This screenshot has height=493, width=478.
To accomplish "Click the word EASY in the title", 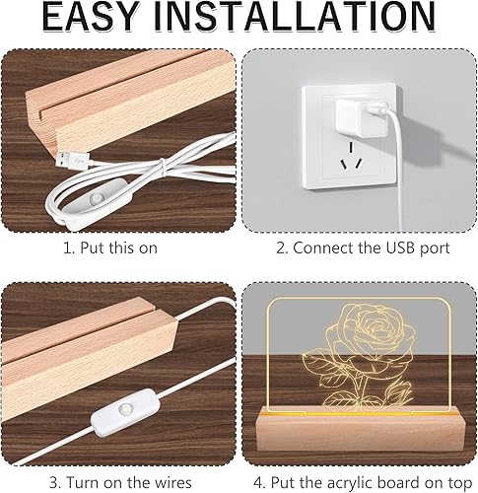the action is (x=90, y=16).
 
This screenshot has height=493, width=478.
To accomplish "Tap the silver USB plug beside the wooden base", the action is (x=72, y=160).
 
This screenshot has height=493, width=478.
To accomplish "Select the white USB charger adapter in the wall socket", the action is (x=362, y=118).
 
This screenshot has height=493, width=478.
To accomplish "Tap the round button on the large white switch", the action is (x=125, y=409).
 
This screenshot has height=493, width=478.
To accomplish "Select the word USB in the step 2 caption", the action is (x=402, y=247).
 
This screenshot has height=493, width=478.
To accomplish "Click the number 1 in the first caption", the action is (x=68, y=247).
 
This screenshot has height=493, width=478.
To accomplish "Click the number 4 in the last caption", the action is (x=258, y=483).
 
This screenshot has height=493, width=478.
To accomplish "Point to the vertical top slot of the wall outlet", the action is (x=351, y=147).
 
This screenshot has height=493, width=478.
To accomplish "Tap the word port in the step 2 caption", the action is (x=436, y=248).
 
